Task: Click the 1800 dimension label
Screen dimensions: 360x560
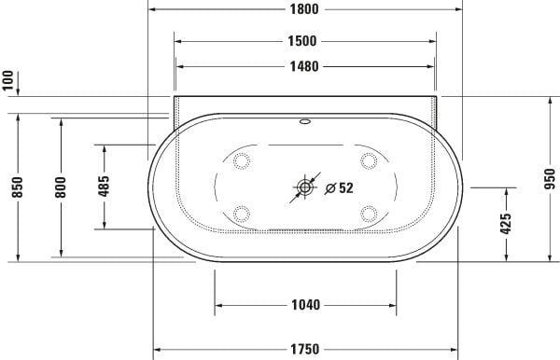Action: (304, 9)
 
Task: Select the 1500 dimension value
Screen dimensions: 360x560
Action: (304, 40)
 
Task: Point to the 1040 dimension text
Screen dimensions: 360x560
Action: (305, 304)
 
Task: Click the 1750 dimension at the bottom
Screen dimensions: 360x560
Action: (305, 349)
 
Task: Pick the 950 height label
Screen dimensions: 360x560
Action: (550, 178)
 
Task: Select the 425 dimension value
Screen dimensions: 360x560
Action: (506, 224)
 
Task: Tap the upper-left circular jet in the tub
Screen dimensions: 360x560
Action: (243, 160)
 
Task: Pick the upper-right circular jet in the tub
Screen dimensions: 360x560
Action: (368, 160)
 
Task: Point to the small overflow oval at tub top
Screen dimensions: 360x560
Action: (305, 121)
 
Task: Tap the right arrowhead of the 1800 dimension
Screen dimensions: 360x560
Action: (458, 9)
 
